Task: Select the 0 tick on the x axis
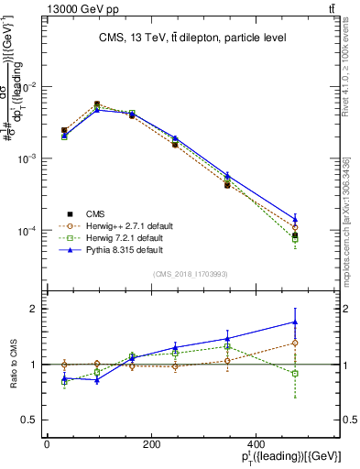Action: point(47,444)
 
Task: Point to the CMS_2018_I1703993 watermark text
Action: point(190,273)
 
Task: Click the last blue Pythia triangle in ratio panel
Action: point(294,322)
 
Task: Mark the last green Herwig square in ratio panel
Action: point(294,374)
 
